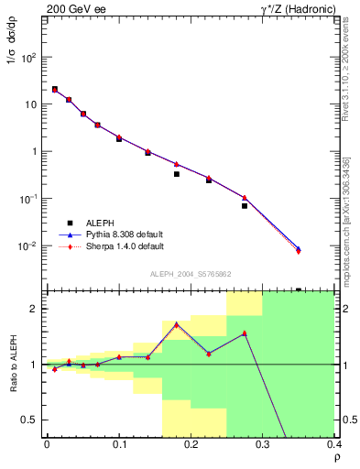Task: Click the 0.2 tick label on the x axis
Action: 191,443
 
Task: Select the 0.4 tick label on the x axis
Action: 333,443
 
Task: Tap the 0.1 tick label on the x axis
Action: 119,443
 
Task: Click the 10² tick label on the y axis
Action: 28,57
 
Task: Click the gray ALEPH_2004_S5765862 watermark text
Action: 190,274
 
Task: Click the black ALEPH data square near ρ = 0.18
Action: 177,174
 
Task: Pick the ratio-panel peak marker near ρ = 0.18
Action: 176,323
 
